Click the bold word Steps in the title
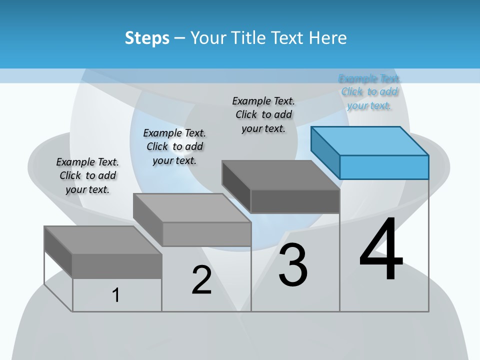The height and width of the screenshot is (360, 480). (x=147, y=38)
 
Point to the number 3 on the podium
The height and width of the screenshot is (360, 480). (x=293, y=265)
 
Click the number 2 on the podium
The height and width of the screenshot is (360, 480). (x=202, y=280)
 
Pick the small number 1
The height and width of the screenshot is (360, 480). (x=116, y=295)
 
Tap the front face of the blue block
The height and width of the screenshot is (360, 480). (x=384, y=167)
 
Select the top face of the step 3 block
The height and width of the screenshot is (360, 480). (x=280, y=175)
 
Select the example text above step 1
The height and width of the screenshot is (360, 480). (x=87, y=176)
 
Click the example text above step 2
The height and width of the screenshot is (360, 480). (x=174, y=146)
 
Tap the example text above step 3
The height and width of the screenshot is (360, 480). (x=263, y=114)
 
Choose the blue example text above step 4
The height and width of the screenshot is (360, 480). (x=369, y=92)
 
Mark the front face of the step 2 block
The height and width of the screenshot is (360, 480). (x=206, y=234)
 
